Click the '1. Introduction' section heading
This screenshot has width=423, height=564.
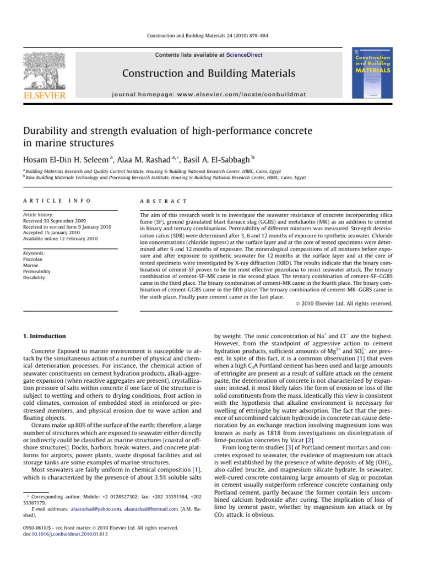click(47, 336)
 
